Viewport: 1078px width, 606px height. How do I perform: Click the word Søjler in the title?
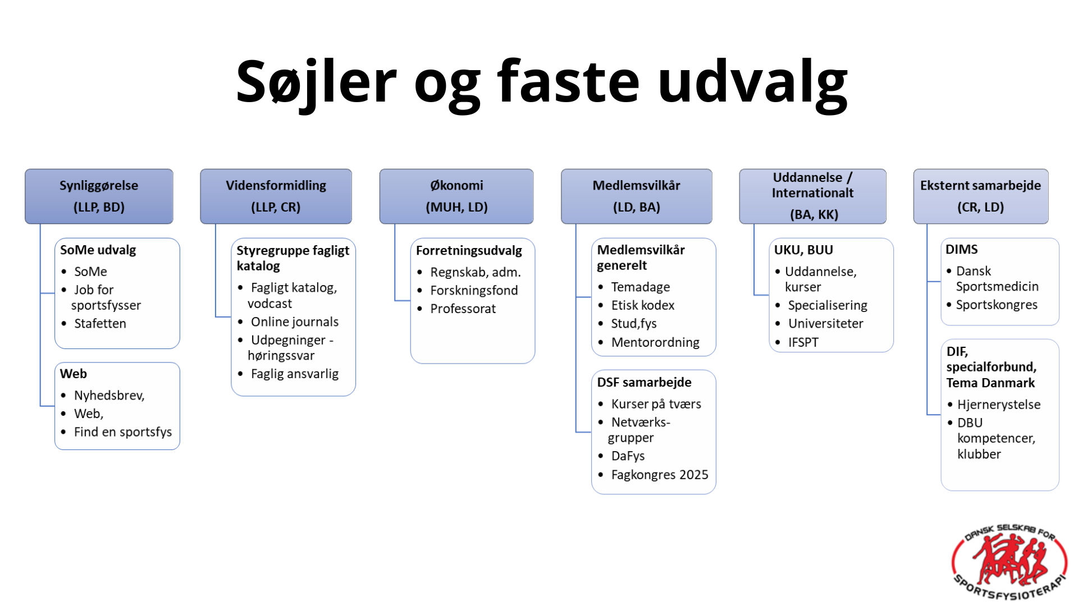tap(316, 82)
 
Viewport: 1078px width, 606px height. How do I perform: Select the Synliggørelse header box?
tap(99, 196)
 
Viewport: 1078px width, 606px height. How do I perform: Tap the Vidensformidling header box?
tap(276, 196)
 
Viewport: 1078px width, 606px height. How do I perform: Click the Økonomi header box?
tap(456, 196)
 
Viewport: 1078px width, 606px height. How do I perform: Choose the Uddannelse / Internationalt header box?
tap(812, 196)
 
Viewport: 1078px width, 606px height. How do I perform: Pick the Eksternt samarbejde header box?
tap(981, 196)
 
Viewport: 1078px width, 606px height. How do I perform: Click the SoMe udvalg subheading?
tap(98, 250)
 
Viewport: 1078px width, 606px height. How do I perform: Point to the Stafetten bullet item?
tap(100, 324)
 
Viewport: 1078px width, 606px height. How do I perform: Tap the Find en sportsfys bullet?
tap(123, 432)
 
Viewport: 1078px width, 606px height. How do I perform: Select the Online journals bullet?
tap(295, 322)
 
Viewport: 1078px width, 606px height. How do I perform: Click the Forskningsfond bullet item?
tap(474, 291)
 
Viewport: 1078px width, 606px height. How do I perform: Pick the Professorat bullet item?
tap(463, 309)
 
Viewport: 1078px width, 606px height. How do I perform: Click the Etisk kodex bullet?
tap(643, 305)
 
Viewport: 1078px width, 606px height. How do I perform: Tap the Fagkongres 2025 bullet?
tap(660, 475)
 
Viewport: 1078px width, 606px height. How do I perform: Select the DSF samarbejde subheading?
tap(644, 383)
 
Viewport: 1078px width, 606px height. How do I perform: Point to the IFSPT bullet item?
tap(803, 342)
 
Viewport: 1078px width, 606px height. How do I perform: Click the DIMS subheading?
tap(962, 250)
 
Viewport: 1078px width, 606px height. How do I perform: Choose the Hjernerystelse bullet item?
tap(999, 405)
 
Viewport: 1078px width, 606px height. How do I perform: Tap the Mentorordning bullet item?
tap(655, 342)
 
